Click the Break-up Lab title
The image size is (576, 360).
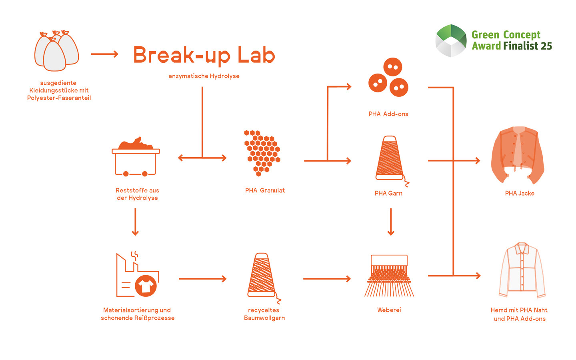pyautogui.click(x=204, y=55)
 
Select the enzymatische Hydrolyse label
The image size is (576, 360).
pyautogui.click(x=204, y=76)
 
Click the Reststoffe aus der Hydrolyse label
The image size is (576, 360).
pyautogui.click(x=137, y=194)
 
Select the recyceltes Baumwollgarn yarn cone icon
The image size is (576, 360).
pyautogui.click(x=262, y=276)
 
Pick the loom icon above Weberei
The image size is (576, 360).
pyautogui.click(x=389, y=276)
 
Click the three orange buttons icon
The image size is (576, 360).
pyautogui.click(x=388, y=78)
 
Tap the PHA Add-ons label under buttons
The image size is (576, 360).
pyautogui.click(x=388, y=114)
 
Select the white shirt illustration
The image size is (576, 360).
pyautogui.click(x=522, y=270)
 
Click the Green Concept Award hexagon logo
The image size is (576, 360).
pyautogui.click(x=451, y=40)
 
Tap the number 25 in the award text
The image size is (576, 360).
pyautogui.click(x=546, y=46)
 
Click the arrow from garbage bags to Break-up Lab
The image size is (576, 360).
pyautogui.click(x=104, y=54)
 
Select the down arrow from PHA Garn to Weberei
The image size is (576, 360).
pyautogui.click(x=391, y=222)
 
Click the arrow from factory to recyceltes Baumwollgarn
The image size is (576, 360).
pyautogui.click(x=202, y=279)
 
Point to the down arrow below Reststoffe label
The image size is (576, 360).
pyautogui.click(x=135, y=222)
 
